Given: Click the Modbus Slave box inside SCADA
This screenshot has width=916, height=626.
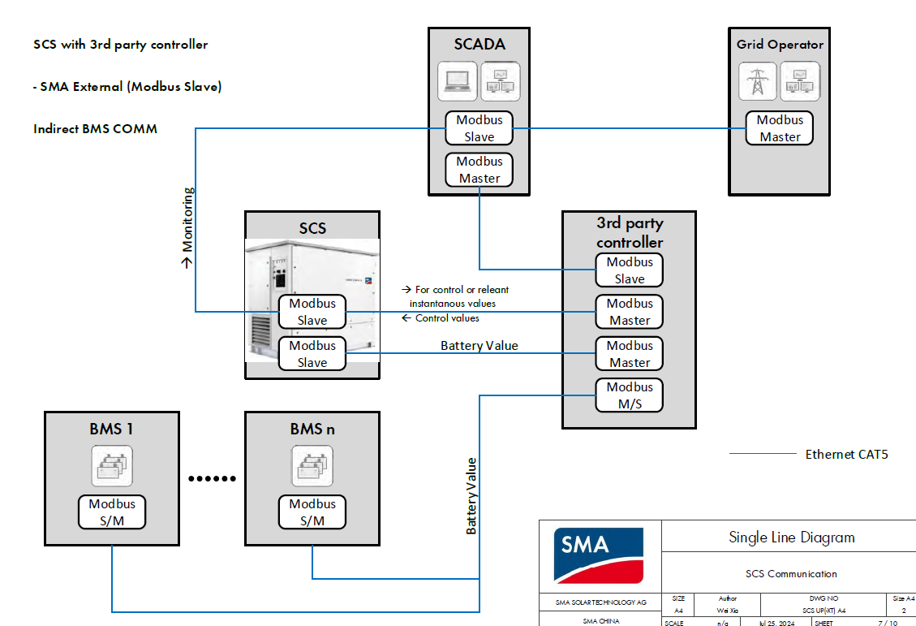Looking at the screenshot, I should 480,128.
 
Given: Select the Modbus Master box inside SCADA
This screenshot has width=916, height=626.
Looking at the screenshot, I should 480,170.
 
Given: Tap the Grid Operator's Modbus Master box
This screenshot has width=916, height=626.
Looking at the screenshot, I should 780,128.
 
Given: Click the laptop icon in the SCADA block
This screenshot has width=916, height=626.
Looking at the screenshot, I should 458,81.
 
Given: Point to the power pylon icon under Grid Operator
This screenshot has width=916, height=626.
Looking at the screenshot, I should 758,81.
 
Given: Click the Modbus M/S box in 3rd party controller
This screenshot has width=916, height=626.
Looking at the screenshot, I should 630,395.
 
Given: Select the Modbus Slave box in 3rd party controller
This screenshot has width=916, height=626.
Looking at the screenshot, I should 630,270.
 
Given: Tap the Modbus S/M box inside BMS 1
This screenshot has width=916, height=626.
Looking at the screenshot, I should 112,512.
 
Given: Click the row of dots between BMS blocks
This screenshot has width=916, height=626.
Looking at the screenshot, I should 212,478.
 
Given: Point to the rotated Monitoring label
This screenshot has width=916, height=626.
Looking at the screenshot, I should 187,227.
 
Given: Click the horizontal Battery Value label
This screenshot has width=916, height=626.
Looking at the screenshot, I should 479,346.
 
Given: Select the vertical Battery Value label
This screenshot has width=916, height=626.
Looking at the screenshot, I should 471,495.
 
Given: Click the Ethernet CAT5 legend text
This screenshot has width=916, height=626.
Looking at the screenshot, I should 846,455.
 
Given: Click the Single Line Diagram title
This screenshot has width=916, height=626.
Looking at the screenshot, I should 791,537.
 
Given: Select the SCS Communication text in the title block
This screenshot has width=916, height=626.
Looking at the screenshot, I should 791,574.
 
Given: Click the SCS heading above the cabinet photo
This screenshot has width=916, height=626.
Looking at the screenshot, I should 312,228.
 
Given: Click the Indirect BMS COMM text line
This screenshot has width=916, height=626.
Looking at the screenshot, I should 95,129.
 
